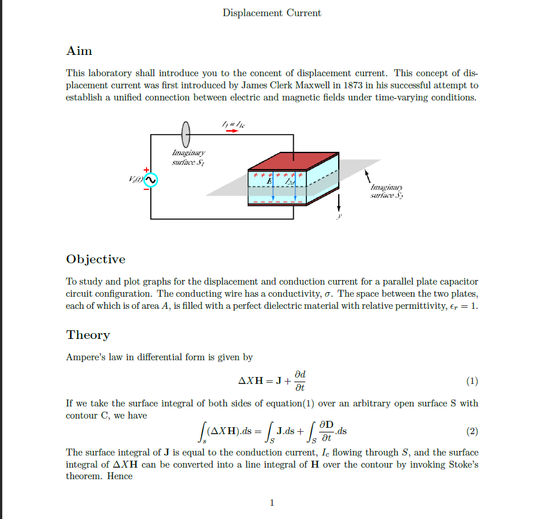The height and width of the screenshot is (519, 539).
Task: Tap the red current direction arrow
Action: click(x=231, y=131)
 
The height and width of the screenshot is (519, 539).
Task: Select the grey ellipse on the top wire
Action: click(x=186, y=135)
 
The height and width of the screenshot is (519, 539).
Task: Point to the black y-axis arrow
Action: click(x=339, y=202)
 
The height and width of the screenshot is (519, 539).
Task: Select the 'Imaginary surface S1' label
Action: click(x=188, y=158)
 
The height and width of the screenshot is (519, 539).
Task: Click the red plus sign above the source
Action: click(x=146, y=168)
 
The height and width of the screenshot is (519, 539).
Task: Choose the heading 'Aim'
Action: click(x=79, y=51)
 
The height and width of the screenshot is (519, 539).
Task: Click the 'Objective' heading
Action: click(x=96, y=259)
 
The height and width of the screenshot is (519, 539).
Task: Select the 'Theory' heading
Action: click(x=88, y=335)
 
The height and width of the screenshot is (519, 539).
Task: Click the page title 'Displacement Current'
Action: click(x=272, y=13)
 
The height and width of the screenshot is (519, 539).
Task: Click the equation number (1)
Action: click(x=471, y=381)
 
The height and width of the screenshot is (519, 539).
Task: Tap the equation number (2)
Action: click(x=471, y=431)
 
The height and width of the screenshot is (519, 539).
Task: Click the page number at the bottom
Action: click(x=272, y=503)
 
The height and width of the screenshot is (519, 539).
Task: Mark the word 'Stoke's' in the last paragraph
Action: click(x=463, y=465)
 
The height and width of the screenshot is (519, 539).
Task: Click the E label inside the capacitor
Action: click(x=268, y=182)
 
